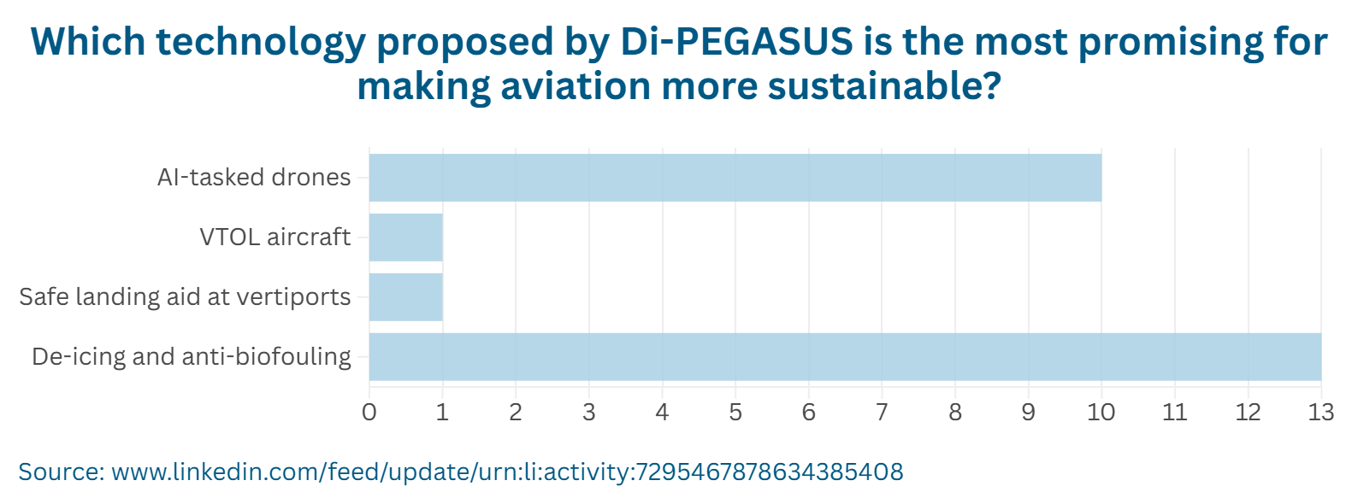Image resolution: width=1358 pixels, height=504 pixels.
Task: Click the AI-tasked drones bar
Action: pyautogui.click(x=735, y=178)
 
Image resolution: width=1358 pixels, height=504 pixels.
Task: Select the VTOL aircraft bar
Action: pyautogui.click(x=406, y=237)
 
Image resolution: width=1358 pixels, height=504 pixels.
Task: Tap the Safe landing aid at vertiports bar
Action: pyautogui.click(x=406, y=297)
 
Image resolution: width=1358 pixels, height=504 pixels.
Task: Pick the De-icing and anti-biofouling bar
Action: pyautogui.click(x=845, y=357)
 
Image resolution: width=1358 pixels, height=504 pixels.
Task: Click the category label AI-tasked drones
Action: pyautogui.click(x=254, y=178)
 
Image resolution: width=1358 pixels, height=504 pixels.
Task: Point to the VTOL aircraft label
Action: pyautogui.click(x=275, y=237)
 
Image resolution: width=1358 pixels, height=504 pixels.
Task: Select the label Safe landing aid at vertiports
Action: pyautogui.click(x=185, y=297)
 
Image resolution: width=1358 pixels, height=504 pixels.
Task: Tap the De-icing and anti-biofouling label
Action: pyautogui.click(x=192, y=357)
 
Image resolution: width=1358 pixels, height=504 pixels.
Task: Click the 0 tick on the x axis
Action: pyautogui.click(x=369, y=413)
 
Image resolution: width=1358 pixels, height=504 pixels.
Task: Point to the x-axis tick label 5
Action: pyautogui.click(x=735, y=413)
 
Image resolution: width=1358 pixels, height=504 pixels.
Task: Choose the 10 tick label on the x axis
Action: pyautogui.click(x=1101, y=413)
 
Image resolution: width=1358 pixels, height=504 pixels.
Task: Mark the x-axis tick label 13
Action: pyautogui.click(x=1321, y=413)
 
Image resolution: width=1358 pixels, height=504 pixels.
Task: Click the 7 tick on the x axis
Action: pyautogui.click(x=882, y=413)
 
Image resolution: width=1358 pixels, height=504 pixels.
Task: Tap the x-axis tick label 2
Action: pyautogui.click(x=516, y=413)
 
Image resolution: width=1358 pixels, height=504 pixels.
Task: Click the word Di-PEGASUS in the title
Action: pyautogui.click(x=736, y=42)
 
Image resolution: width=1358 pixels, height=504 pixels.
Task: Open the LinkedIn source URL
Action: pyautogui.click(x=507, y=472)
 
